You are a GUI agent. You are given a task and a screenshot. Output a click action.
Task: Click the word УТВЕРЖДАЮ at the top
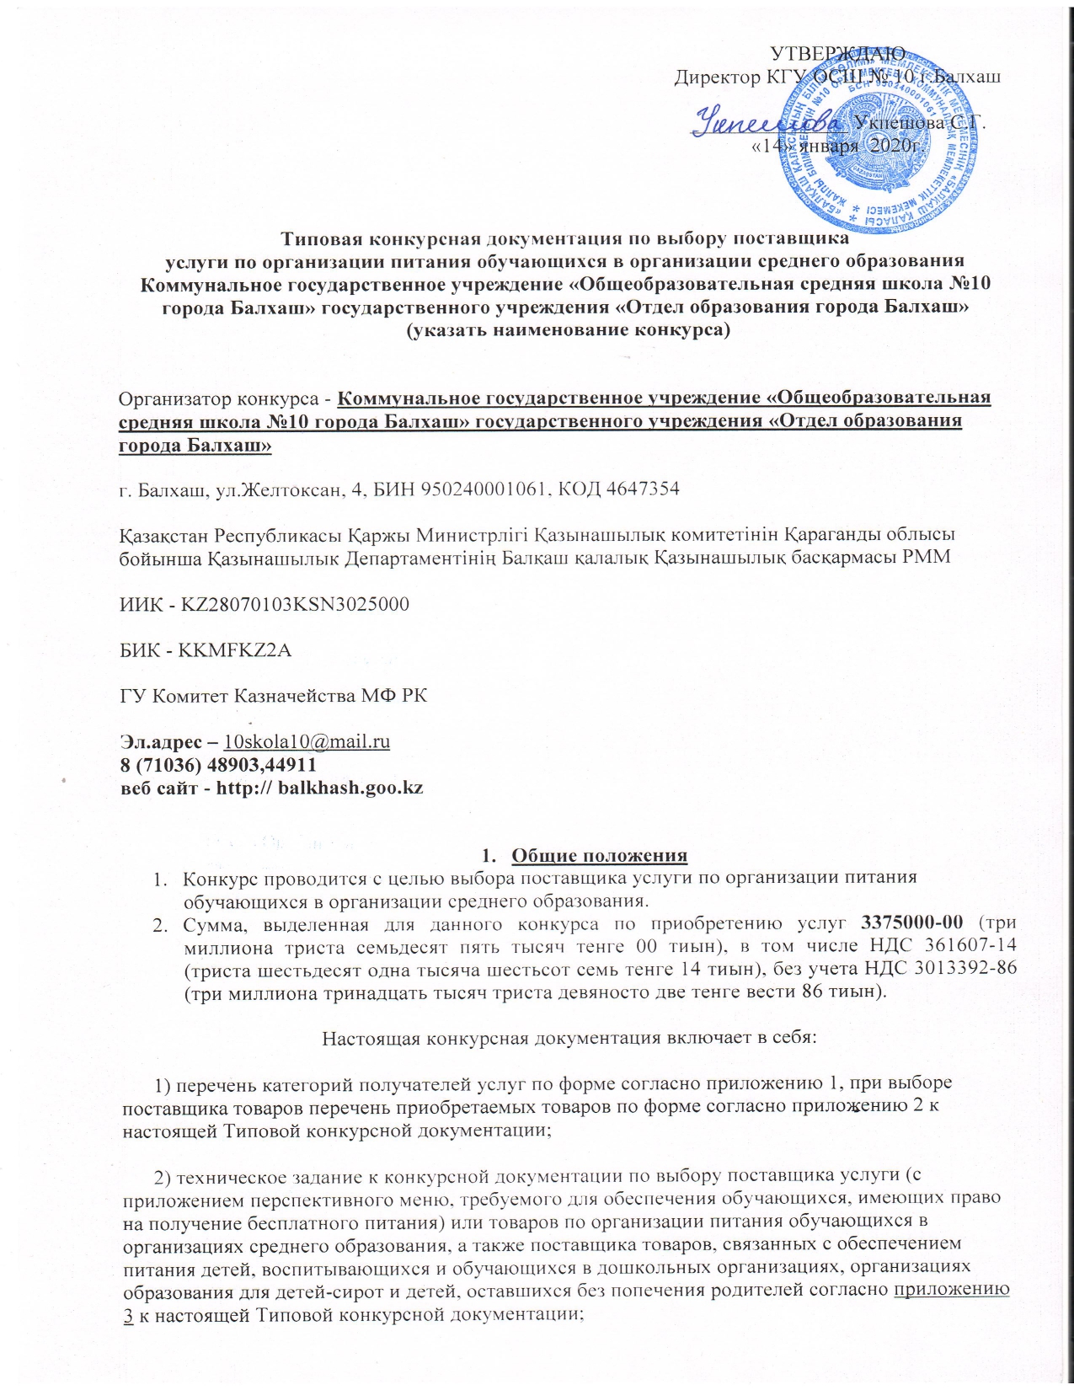point(838,55)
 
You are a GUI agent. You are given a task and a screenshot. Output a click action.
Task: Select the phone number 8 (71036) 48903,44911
point(217,765)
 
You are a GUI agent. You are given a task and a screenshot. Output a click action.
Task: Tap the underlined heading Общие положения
point(600,856)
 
